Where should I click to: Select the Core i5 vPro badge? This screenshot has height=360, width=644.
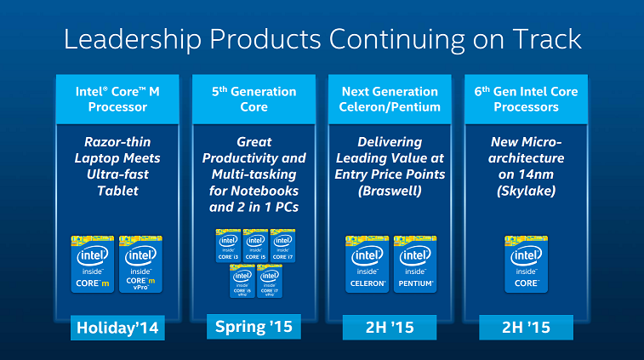[x=242, y=281]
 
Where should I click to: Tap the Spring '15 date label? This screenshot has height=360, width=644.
[x=253, y=327]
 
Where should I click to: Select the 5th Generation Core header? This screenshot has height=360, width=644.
[x=253, y=99]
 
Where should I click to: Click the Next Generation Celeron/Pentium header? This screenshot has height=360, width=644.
[x=390, y=99]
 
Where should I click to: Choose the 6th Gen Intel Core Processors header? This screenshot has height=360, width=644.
[x=526, y=99]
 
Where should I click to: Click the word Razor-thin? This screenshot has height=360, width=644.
[x=117, y=142]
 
